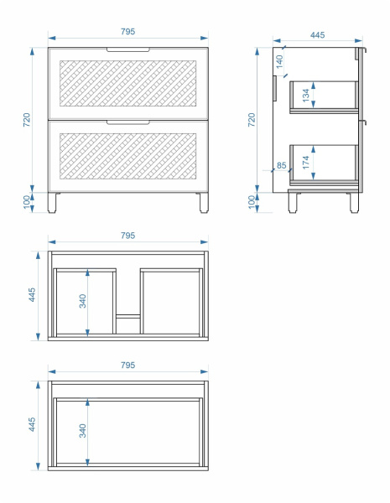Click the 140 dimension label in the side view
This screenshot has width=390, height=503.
point(279,61)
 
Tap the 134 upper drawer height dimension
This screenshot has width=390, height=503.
point(305,96)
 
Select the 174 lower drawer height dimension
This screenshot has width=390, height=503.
point(305,163)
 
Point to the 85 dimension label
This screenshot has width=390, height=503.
point(281,165)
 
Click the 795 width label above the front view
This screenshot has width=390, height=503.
point(127,32)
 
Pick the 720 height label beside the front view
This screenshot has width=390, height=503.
point(27,120)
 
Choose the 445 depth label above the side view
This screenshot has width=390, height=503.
point(317,35)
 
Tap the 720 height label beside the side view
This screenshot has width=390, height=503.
point(252,120)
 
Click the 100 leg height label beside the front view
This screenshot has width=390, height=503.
point(27,202)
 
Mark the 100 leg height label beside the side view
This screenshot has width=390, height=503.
point(252,202)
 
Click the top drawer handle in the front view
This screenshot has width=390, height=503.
point(128,49)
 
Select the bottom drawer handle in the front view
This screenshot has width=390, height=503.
point(128,122)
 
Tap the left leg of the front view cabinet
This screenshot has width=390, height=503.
point(52,203)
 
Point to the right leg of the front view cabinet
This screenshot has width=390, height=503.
point(204,203)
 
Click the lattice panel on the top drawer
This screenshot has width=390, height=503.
point(128,83)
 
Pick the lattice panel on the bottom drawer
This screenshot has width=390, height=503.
point(128,156)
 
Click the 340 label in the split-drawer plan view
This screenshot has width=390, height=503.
point(83,301)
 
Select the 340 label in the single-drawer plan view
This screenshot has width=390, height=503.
point(83,431)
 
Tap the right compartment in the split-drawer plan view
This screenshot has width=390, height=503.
point(171,303)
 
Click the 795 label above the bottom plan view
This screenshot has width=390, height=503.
point(127,365)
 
